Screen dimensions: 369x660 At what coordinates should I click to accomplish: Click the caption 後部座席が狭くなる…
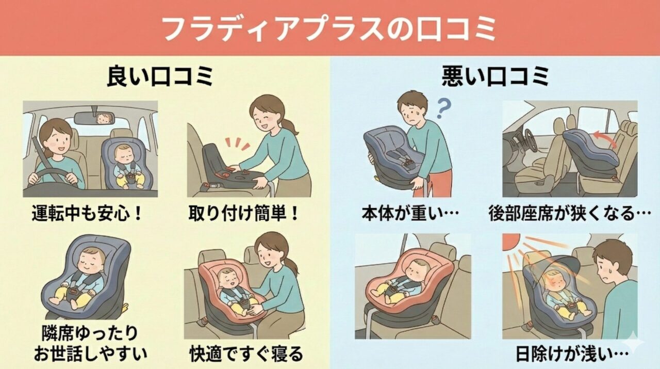[x=570, y=213]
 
